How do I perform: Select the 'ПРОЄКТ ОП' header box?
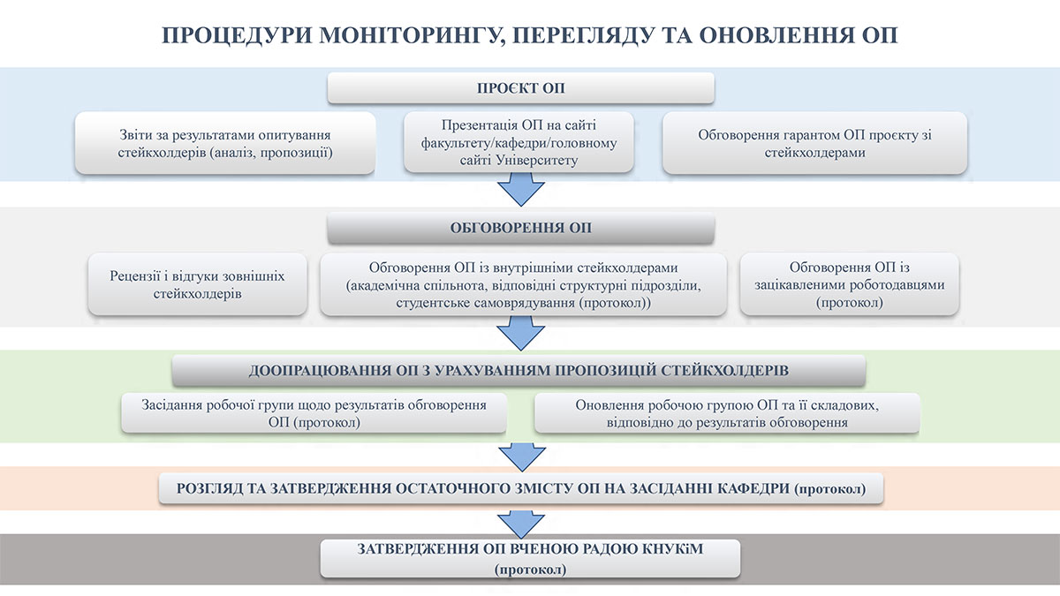520,88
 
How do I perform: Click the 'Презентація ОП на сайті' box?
520,142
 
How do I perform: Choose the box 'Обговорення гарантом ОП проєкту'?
814,143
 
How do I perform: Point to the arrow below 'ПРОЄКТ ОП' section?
520,189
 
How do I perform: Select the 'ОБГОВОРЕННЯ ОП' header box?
520,228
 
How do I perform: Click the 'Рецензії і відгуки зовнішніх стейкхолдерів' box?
198,284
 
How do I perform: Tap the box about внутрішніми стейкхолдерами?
523,284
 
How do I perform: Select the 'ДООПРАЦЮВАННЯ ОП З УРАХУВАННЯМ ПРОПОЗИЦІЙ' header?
519,370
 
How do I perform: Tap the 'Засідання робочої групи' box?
314,413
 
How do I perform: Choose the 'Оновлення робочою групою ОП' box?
727,413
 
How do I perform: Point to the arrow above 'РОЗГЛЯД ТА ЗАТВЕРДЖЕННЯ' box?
520,456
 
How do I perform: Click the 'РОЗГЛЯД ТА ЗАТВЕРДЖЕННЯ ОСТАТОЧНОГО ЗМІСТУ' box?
520,488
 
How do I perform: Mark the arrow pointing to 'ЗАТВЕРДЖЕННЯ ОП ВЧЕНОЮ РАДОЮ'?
520,522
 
